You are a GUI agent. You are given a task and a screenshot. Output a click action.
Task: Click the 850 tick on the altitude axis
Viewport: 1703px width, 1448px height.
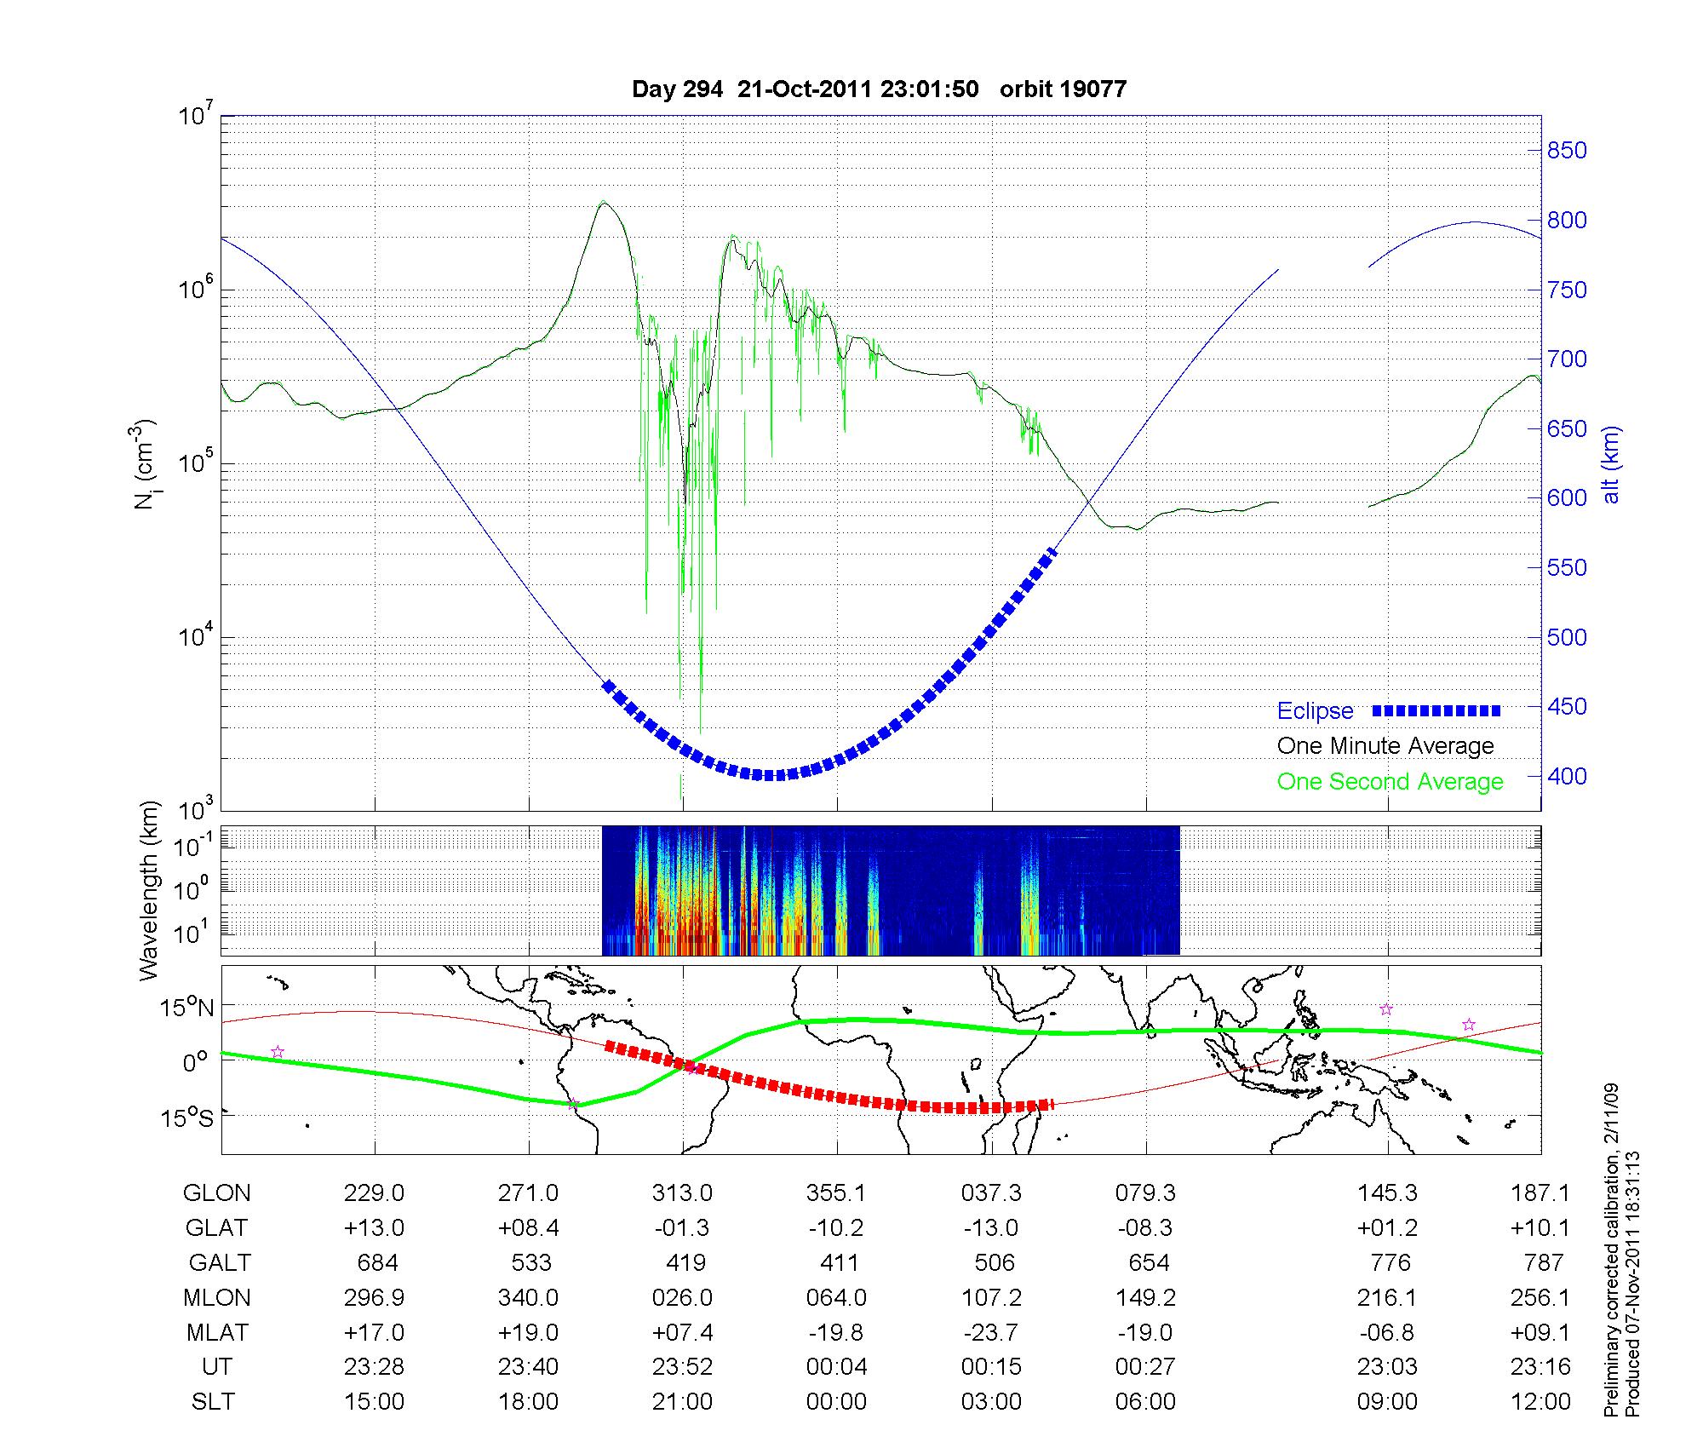point(1567,151)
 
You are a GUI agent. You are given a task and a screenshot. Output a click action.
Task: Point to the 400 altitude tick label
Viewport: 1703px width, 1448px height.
point(1567,777)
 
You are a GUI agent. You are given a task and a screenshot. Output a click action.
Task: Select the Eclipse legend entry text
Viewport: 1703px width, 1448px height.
point(1315,711)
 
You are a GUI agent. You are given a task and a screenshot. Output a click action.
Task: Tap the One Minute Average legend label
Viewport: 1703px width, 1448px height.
point(1385,746)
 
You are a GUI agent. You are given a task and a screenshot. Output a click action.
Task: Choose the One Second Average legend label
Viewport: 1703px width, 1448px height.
point(1390,782)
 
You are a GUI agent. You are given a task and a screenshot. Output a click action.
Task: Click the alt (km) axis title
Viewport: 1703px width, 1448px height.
point(1611,464)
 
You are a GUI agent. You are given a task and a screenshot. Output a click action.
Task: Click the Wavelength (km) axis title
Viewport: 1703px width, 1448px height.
point(149,890)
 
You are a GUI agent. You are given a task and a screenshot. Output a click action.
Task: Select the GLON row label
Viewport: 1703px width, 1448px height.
point(216,1193)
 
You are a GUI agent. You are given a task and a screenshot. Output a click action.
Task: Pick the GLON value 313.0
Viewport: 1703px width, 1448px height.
point(682,1193)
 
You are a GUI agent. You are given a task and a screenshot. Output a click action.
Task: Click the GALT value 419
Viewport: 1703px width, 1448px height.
point(685,1262)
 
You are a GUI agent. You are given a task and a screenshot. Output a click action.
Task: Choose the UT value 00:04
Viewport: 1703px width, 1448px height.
point(836,1367)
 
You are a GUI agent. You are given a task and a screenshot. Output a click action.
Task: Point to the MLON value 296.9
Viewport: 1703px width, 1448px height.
point(374,1297)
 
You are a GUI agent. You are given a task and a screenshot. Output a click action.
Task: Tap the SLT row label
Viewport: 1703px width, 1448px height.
point(213,1402)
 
